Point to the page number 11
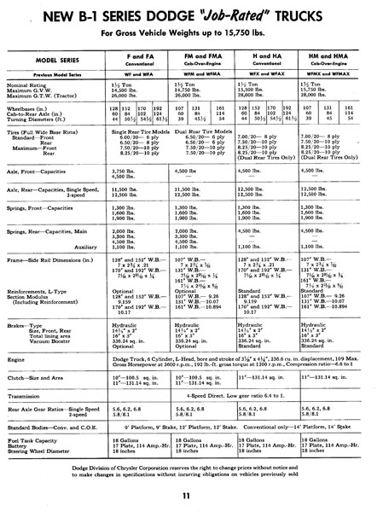[x=192, y=494]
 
